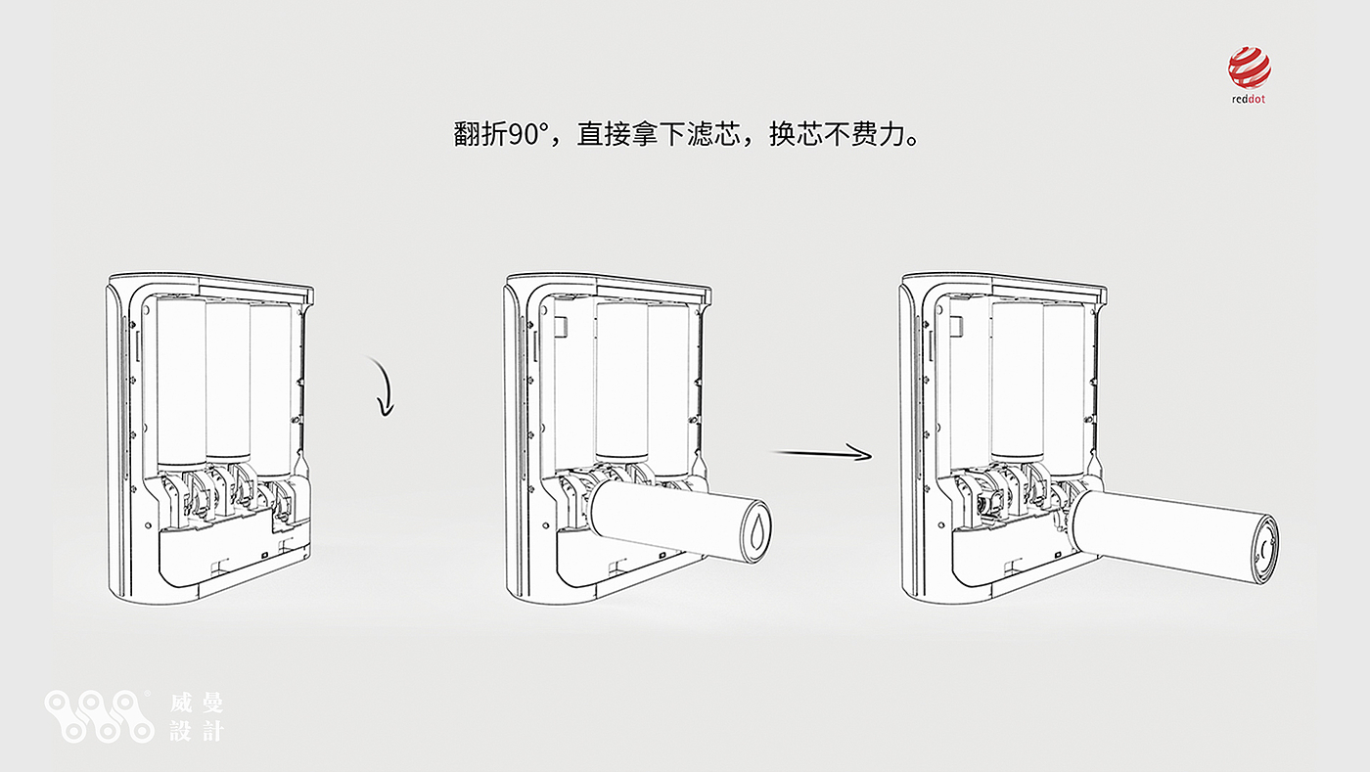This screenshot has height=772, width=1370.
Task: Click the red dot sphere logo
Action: (1249, 68)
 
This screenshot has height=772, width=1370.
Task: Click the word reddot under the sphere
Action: (1249, 99)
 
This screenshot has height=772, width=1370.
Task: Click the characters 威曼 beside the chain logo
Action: (197, 703)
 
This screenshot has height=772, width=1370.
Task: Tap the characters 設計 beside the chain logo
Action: (197, 730)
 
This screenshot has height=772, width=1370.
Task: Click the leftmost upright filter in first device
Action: (181, 382)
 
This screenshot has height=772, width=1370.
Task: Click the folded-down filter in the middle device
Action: (675, 516)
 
